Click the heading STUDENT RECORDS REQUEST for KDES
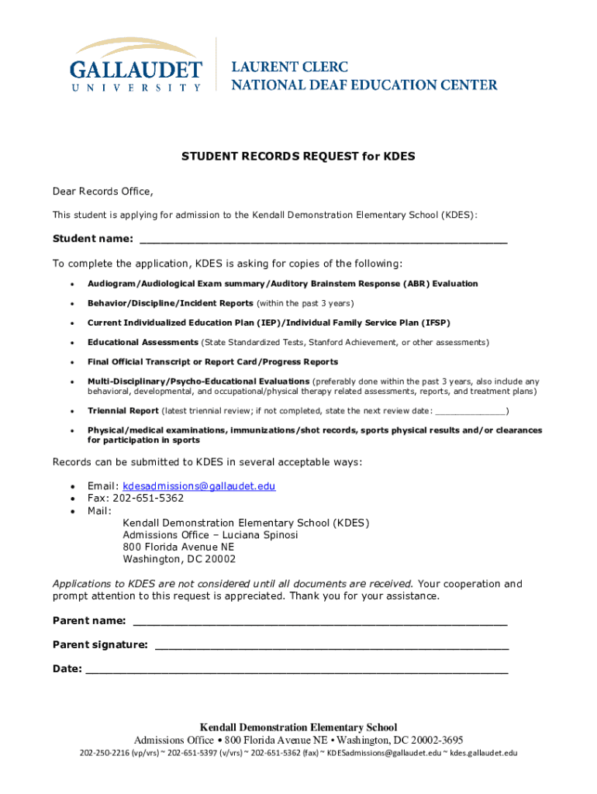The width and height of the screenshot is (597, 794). coord(298,157)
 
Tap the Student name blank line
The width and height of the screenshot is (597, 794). coord(323,240)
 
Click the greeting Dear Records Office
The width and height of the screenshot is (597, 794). coord(103,192)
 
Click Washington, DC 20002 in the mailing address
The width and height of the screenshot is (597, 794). coord(179,559)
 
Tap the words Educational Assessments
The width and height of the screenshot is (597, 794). coord(143,343)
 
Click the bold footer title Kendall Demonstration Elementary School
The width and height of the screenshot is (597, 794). coord(298,727)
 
